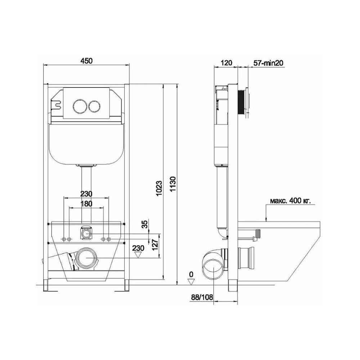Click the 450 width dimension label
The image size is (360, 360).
click(86, 60)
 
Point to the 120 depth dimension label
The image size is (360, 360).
click(226, 62)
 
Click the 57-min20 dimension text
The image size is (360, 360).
click(268, 63)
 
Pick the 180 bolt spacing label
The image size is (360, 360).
click(86, 204)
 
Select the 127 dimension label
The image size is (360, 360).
click(156, 246)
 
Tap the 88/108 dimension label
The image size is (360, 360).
click(202, 297)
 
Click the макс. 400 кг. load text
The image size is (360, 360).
click(290, 201)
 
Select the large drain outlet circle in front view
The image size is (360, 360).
click(86, 258)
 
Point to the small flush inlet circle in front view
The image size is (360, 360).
click(86, 234)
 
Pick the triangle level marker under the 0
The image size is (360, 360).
click(191, 282)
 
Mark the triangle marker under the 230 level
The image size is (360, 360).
click(138, 255)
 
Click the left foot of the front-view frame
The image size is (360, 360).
click(47, 285)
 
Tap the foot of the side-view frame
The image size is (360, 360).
click(233, 285)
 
